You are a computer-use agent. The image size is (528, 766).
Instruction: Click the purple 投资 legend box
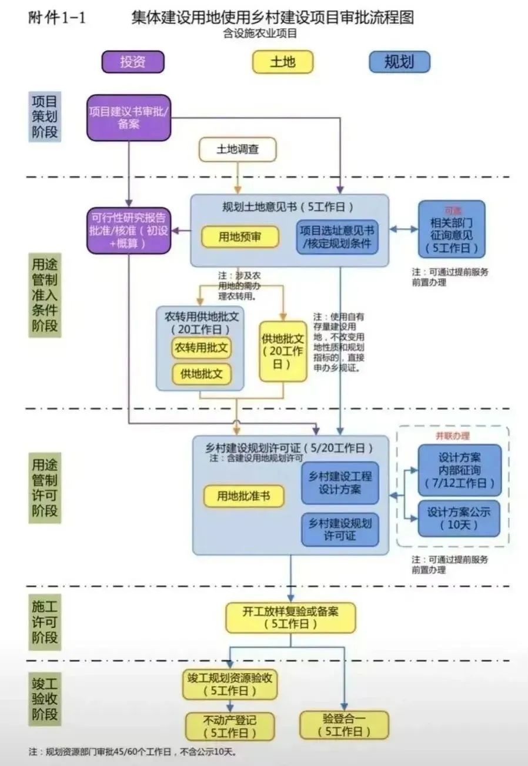[x=132, y=62]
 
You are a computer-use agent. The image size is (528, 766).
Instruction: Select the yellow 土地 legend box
[x=282, y=62]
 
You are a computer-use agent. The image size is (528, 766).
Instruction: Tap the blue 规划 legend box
[x=399, y=62]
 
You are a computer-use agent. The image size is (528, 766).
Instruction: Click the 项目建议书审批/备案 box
[x=129, y=118]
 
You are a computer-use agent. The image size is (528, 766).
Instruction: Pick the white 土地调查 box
[x=238, y=149]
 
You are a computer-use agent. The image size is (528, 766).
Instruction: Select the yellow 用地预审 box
[x=240, y=236]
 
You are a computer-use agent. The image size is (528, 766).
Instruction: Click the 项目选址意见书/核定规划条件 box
[x=337, y=236]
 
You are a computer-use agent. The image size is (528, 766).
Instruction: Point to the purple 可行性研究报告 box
[x=129, y=230]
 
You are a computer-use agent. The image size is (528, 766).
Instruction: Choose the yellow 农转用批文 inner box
[x=201, y=347]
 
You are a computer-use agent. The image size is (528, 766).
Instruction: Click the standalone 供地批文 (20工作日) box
[x=283, y=351]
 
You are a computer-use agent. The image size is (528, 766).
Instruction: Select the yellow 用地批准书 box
[x=243, y=496]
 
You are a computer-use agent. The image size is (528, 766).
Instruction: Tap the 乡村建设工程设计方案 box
[x=340, y=483]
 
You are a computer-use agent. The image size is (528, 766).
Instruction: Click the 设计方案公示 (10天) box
[x=459, y=518]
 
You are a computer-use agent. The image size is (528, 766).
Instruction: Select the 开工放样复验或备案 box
[x=290, y=617]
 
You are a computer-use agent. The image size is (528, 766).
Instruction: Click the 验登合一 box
[x=344, y=725]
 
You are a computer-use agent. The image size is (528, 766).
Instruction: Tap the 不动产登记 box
[x=230, y=727]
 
